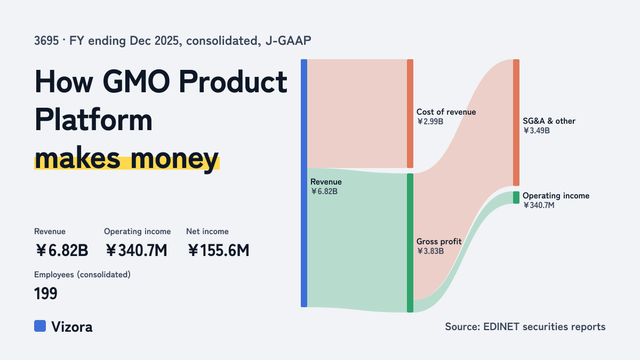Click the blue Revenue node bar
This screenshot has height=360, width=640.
pos(304,183)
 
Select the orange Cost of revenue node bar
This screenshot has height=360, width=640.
pos(410,114)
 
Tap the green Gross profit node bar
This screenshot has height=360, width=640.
pos(410,243)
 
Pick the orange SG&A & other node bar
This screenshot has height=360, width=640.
pos(516,123)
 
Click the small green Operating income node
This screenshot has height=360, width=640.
pos(516,197)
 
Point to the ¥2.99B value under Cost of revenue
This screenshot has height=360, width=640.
pos(430,122)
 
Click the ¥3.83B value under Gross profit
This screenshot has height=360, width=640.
pos(430,251)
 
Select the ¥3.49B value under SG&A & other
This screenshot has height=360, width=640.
pos(537,131)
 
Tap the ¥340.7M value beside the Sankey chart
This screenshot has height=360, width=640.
pos(539,205)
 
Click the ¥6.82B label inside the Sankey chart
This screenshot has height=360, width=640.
pos(324,191)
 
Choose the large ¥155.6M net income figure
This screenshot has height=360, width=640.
pos(219,250)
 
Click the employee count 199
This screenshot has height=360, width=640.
pos(46,293)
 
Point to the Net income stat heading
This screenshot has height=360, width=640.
pos(207,231)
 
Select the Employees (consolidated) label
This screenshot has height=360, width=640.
pos(82,275)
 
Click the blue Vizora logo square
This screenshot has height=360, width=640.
pos(40,326)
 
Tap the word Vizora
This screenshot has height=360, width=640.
pos(72,327)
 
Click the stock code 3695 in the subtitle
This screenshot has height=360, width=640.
pos(46,41)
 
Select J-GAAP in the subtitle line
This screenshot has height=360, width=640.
pos(289,41)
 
